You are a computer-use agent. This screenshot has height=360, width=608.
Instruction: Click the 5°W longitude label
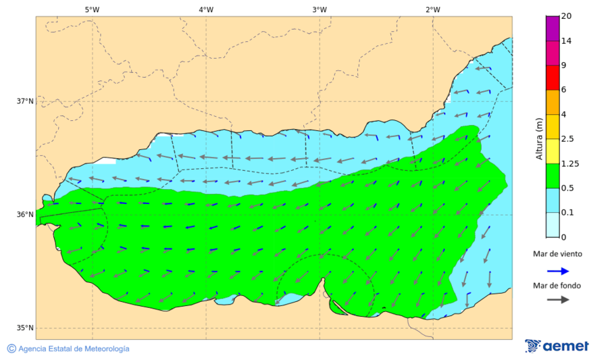[x=92, y=9]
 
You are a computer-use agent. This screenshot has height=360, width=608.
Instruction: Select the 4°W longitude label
[x=206, y=9]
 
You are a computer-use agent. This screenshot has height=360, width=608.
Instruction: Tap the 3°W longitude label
[x=320, y=9]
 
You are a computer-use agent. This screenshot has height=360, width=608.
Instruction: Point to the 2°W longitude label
[x=433, y=9]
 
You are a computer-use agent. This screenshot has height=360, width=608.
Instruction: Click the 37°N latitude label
[x=25, y=101]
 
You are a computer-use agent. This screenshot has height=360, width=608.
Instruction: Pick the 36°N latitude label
[x=25, y=215]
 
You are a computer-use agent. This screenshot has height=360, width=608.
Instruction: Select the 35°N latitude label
[x=25, y=328]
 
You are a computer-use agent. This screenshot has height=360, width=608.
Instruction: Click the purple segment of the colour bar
[x=553, y=28]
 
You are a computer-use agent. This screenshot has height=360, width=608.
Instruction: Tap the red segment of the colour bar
[x=553, y=77]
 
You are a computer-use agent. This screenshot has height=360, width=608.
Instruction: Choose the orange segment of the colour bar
[x=553, y=102]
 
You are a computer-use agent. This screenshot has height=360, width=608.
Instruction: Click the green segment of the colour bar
[x=553, y=175]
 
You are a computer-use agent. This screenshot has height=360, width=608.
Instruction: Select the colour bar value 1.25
[x=570, y=163]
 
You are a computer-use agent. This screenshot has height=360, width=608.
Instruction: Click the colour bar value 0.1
[x=567, y=212]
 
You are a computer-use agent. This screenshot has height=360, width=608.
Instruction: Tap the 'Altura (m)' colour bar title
[x=539, y=138]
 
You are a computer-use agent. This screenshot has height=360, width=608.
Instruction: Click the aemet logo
[x=557, y=346]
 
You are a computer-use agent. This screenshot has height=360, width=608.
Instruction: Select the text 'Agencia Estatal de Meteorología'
[x=74, y=349]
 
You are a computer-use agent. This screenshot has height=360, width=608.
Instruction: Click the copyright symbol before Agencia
[x=11, y=349]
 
